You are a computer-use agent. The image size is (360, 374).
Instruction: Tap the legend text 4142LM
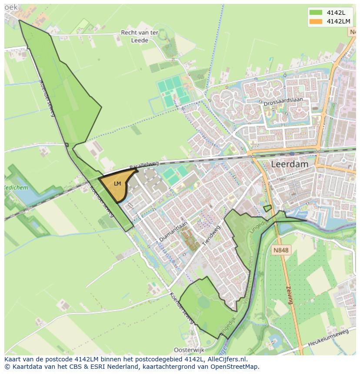[x=338, y=21]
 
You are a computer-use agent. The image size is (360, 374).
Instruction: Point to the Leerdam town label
[x=290, y=164]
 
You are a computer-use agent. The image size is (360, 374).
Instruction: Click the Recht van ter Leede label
[x=140, y=36]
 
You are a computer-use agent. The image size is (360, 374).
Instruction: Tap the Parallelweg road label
[x=144, y=165]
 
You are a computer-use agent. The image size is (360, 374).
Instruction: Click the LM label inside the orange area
[x=117, y=184]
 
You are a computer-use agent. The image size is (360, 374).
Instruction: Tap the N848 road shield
[x=281, y=250]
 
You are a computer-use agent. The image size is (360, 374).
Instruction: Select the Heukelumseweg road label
[x=330, y=338]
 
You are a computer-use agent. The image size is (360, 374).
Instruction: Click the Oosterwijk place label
[x=189, y=350]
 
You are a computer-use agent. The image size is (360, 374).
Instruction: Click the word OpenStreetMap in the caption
[x=235, y=367]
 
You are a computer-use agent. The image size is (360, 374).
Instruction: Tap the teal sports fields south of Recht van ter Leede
[x=173, y=90]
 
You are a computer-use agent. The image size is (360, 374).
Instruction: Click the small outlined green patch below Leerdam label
[x=267, y=209]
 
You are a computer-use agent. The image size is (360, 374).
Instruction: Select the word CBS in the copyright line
[x=80, y=367]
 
